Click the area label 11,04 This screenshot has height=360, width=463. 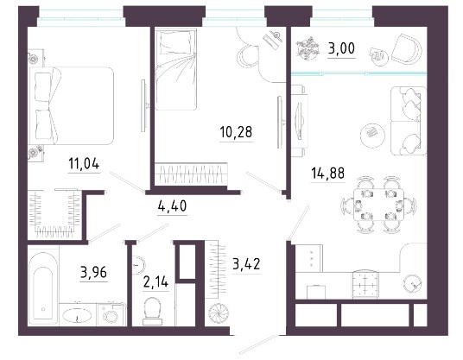click(84, 163)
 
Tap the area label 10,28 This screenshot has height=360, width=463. click(236, 132)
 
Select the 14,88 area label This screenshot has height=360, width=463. click(327, 173)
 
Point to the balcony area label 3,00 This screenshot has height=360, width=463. click(341, 48)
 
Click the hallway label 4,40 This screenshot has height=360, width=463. click(172, 205)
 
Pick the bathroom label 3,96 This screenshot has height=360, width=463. click(93, 272)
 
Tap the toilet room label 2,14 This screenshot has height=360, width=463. click(155, 281)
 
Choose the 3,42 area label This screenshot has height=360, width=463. click(246, 264)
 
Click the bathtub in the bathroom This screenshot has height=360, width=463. click(43, 287)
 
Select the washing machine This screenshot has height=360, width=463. click(112, 315)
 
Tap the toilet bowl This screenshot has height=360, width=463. click(152, 311)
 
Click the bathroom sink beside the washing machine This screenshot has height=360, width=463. click(77, 315)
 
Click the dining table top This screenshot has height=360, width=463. click(379, 205)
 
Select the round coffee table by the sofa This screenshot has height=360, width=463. click(372, 135)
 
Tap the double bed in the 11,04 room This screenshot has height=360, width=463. click(72, 105)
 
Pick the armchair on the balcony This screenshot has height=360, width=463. click(407, 49)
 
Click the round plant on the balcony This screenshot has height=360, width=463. click(308, 48)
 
